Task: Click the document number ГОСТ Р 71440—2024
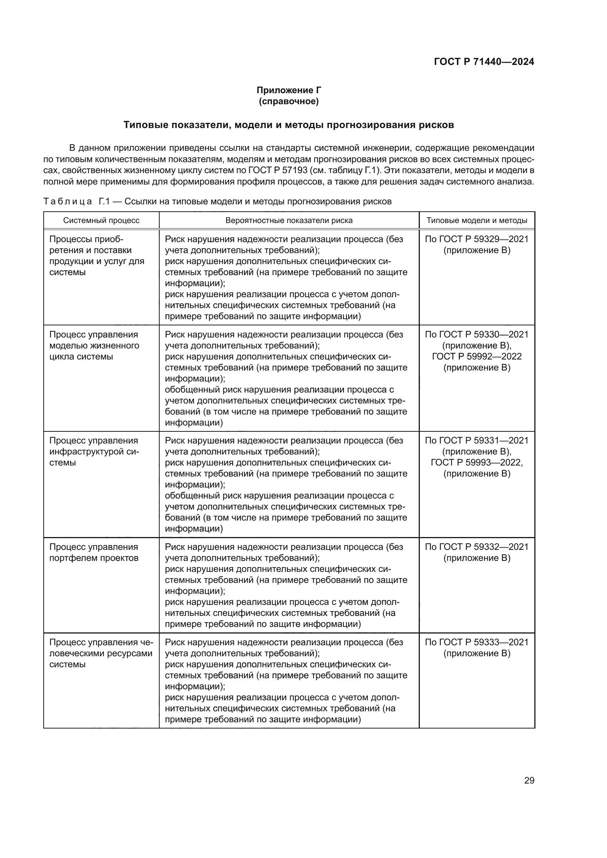tap(484, 62)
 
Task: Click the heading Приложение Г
tap(288, 90)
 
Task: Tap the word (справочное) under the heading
tap(288, 101)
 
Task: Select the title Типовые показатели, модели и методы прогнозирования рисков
tap(288, 125)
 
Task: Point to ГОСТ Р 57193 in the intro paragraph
tap(277, 171)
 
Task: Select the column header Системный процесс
tap(101, 220)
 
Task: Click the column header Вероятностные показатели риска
tap(289, 220)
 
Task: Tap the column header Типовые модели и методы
tap(477, 220)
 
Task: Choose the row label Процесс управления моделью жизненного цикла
tap(94, 345)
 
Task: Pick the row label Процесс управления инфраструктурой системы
tap(94, 452)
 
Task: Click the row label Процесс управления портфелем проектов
tap(94, 552)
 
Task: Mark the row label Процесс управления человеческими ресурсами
tap(101, 653)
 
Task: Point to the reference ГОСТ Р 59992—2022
tap(477, 356)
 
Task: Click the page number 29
tap(529, 781)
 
